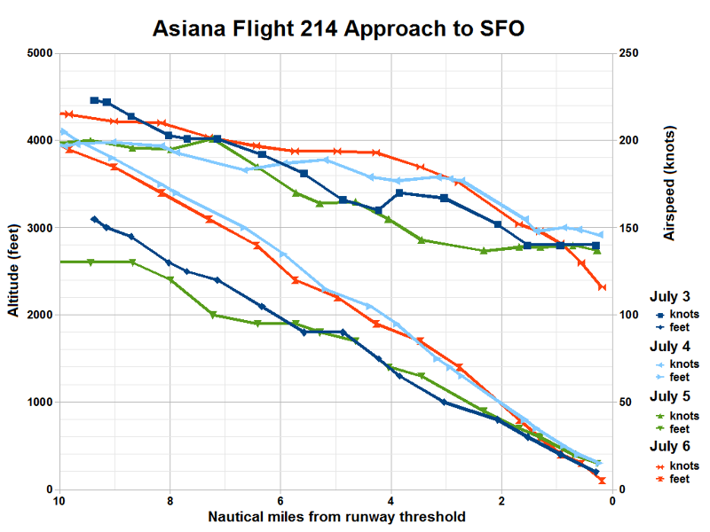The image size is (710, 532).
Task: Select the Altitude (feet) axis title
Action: click(x=12, y=270)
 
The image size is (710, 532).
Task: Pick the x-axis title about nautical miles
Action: click(x=336, y=516)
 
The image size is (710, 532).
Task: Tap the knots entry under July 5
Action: click(x=682, y=416)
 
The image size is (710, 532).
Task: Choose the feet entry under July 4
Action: click(x=680, y=378)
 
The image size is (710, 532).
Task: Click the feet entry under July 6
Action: click(x=680, y=479)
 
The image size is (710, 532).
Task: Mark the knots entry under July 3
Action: click(x=682, y=314)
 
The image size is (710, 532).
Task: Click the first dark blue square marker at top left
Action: click(x=95, y=100)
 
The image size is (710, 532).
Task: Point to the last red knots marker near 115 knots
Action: click(x=602, y=287)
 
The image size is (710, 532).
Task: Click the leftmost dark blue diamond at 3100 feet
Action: click(x=94, y=219)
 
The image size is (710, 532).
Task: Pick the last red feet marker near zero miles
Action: click(x=602, y=481)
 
